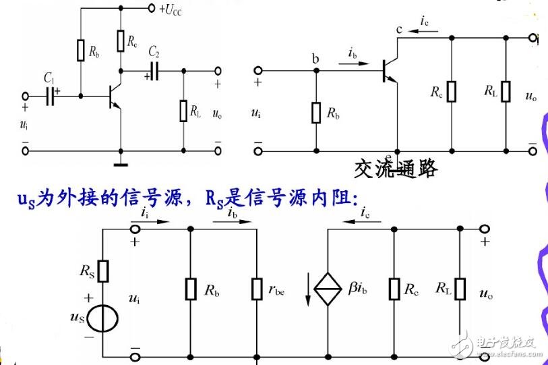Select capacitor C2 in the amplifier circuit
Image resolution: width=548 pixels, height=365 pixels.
click(154, 70)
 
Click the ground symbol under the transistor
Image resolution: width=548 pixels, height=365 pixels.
click(121, 160)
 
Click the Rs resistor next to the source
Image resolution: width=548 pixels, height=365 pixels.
click(103, 271)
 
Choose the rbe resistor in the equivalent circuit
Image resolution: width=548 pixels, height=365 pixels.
click(257, 289)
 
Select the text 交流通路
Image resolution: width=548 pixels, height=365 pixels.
click(395, 168)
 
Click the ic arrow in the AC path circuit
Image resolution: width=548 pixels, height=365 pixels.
click(424, 32)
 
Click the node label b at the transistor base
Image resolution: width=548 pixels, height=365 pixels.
click(314, 58)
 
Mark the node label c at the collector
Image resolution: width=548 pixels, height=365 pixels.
click(399, 29)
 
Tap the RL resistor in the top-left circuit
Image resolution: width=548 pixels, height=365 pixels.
click(183, 111)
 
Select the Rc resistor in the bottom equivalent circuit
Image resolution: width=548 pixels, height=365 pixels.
click(394, 289)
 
